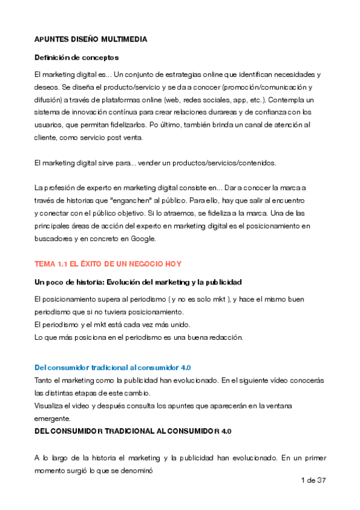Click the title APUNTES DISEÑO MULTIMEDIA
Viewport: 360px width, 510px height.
91,40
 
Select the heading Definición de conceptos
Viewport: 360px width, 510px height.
76,58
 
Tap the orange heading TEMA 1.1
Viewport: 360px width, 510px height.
108,264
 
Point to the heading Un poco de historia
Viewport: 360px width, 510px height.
138,282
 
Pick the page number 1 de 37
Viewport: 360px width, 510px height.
312,481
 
